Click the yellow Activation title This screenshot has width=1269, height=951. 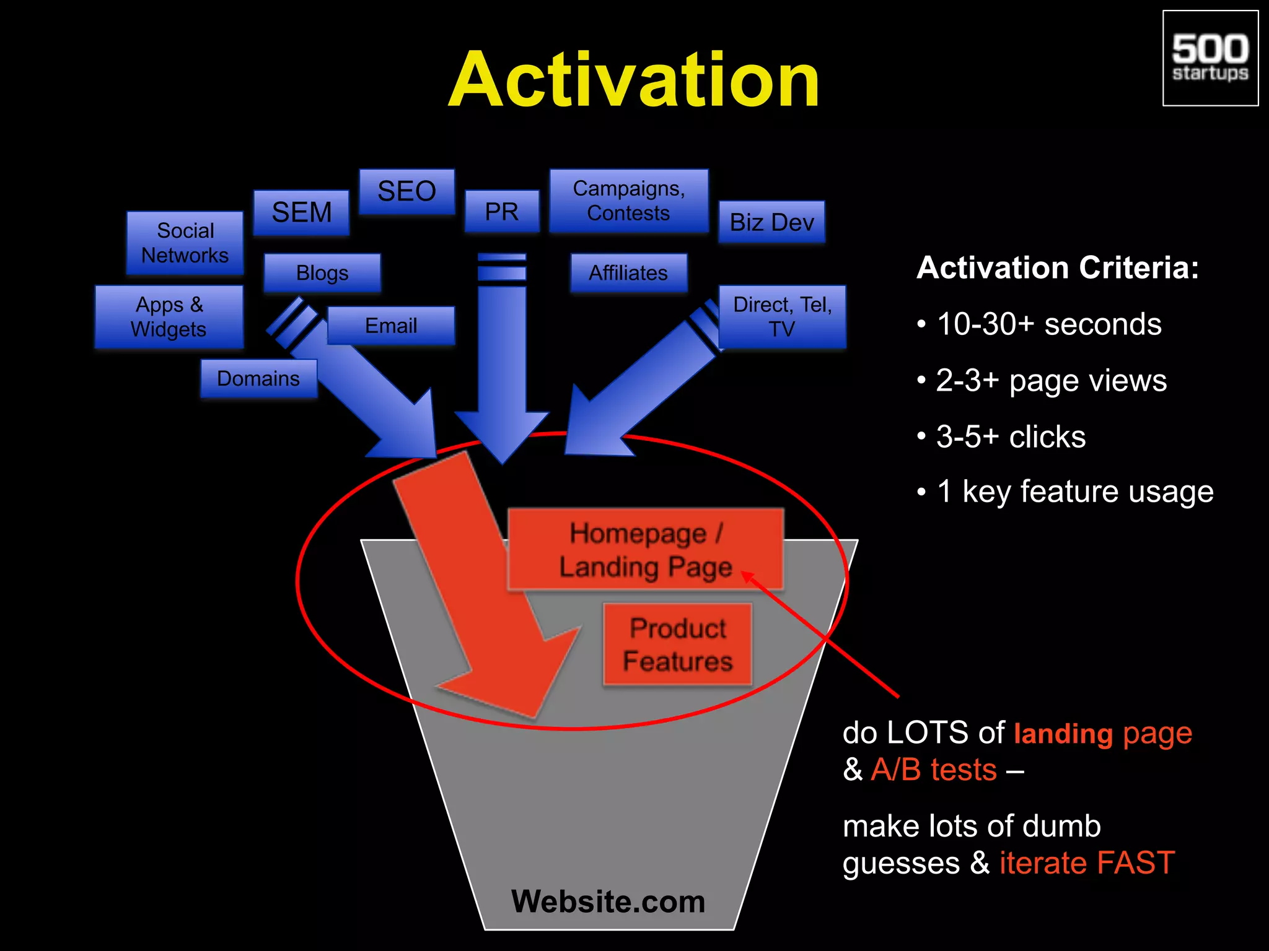[634, 80]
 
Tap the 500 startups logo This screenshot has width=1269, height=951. [1210, 58]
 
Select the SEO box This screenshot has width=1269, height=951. [407, 191]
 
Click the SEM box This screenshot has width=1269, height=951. [302, 212]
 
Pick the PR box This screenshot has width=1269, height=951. [502, 212]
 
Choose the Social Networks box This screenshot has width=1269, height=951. [185, 243]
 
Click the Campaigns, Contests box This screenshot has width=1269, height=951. [628, 201]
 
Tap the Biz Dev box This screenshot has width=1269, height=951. [771, 222]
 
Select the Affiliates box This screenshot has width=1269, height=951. [628, 272]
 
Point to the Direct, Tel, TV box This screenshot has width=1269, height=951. [782, 316]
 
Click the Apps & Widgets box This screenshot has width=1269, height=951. [169, 316]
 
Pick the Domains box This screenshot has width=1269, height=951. [258, 378]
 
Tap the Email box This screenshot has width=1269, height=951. [391, 326]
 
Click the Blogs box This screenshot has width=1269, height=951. [322, 272]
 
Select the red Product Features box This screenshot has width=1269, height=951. [677, 645]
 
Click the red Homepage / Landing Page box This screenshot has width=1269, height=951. [645, 550]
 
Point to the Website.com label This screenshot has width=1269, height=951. [608, 901]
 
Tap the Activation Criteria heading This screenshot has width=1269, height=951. [1058, 268]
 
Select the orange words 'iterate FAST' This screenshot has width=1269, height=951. [1087, 862]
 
